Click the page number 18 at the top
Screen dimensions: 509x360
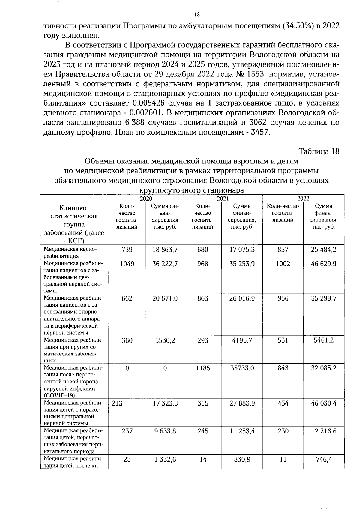click(197, 15)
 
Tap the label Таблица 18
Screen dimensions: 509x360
click(319, 151)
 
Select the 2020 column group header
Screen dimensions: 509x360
click(146, 198)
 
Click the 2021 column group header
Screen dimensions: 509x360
click(223, 198)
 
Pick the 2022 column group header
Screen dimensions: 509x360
click(303, 198)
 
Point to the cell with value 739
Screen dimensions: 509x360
click(127, 250)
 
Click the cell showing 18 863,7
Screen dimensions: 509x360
click(165, 250)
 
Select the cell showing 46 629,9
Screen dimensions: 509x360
click(324, 264)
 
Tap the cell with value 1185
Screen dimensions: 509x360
click(203, 368)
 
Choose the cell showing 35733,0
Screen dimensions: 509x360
click(242, 368)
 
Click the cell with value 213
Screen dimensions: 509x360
click(117, 403)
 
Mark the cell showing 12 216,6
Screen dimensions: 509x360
click(324, 431)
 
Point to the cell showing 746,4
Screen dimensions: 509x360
click(325, 459)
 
